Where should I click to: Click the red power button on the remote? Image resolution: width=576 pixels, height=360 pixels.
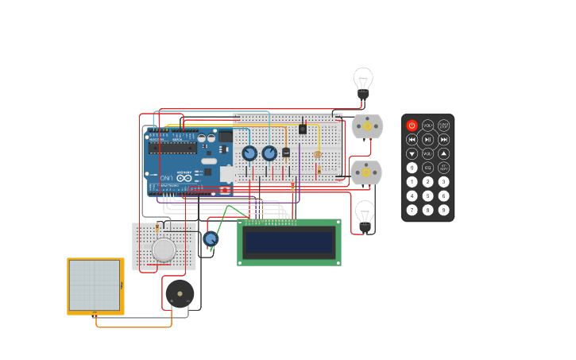pyautogui.click(x=412, y=126)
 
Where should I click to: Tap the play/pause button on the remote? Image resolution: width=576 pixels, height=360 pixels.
pyautogui.click(x=427, y=140)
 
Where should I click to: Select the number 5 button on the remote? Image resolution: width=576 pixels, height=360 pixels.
pyautogui.click(x=427, y=195)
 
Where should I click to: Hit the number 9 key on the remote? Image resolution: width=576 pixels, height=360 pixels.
pyautogui.click(x=443, y=210)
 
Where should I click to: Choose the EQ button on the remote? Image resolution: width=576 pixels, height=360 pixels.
pyautogui.click(x=427, y=168)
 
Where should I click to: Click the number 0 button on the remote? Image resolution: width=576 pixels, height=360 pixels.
pyautogui.click(x=412, y=168)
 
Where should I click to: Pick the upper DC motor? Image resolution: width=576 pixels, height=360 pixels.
pyautogui.click(x=366, y=126)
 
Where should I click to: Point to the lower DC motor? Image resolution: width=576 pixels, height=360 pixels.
pyautogui.click(x=365, y=172)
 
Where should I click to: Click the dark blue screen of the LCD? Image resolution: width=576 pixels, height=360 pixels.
pyautogui.click(x=289, y=242)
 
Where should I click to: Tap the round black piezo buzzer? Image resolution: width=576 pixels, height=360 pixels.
pyautogui.click(x=180, y=293)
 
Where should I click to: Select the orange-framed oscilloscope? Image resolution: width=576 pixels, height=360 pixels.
pyautogui.click(x=95, y=285)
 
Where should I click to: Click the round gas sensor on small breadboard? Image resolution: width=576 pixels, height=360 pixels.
pyautogui.click(x=164, y=250)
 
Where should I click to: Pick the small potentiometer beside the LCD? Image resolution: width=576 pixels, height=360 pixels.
pyautogui.click(x=211, y=238)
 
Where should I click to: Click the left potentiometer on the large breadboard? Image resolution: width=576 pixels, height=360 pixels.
pyautogui.click(x=249, y=153)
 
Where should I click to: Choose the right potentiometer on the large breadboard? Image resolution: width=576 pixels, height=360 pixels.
pyautogui.click(x=269, y=153)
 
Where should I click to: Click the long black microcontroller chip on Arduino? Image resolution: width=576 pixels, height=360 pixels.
pyautogui.click(x=172, y=147)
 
